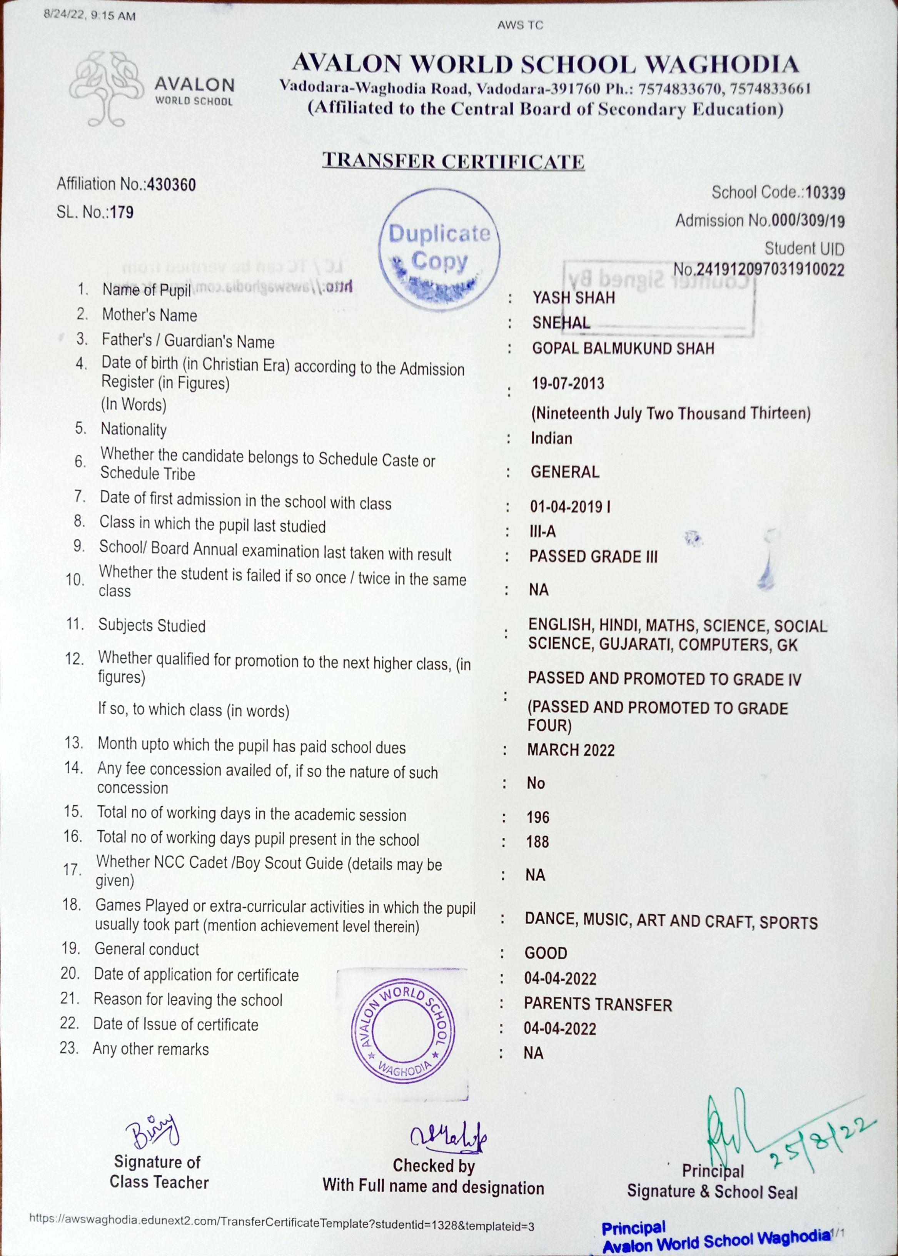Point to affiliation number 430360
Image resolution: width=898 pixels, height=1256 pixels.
[x=172, y=185]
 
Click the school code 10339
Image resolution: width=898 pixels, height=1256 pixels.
[x=825, y=193]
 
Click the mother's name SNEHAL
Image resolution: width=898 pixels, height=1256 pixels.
[x=561, y=323]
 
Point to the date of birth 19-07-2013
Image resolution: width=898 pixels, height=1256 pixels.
[x=568, y=384]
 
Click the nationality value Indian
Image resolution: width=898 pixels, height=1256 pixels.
[x=551, y=439]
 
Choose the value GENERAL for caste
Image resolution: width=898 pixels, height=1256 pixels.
[x=564, y=472]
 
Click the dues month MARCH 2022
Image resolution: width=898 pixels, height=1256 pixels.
[x=571, y=750]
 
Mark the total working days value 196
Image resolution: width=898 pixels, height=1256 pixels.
[x=538, y=817]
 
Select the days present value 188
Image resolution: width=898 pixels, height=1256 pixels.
[x=537, y=842]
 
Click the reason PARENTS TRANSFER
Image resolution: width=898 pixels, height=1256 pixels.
[x=598, y=1004]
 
